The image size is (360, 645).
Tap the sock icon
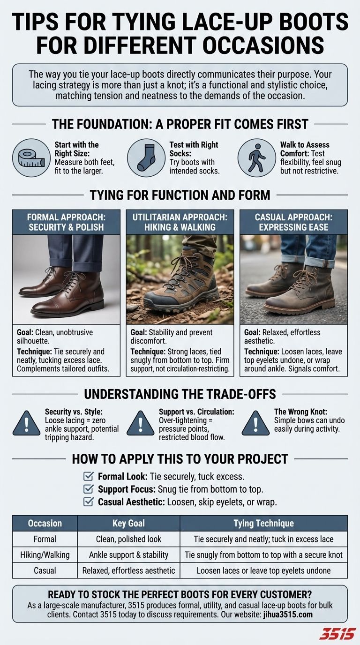click(x=146, y=158)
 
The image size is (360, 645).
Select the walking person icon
click(x=256, y=158)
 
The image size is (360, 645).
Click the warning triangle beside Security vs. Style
click(x=26, y=423)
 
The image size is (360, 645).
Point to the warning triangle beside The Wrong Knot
click(x=255, y=423)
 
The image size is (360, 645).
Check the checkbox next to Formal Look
click(x=88, y=476)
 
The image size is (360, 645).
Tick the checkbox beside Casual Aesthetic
click(x=88, y=502)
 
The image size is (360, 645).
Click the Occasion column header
click(x=45, y=523)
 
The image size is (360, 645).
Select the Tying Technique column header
click(x=263, y=523)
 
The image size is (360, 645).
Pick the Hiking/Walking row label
click(x=45, y=555)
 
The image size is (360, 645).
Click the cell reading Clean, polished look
click(x=129, y=539)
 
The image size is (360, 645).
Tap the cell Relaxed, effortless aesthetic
click(x=129, y=570)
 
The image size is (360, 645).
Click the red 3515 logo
click(x=337, y=634)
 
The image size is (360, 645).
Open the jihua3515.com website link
click(x=288, y=614)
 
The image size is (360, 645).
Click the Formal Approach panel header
click(x=66, y=222)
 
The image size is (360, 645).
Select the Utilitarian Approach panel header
click(x=180, y=222)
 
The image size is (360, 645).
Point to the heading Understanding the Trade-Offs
click(x=180, y=394)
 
